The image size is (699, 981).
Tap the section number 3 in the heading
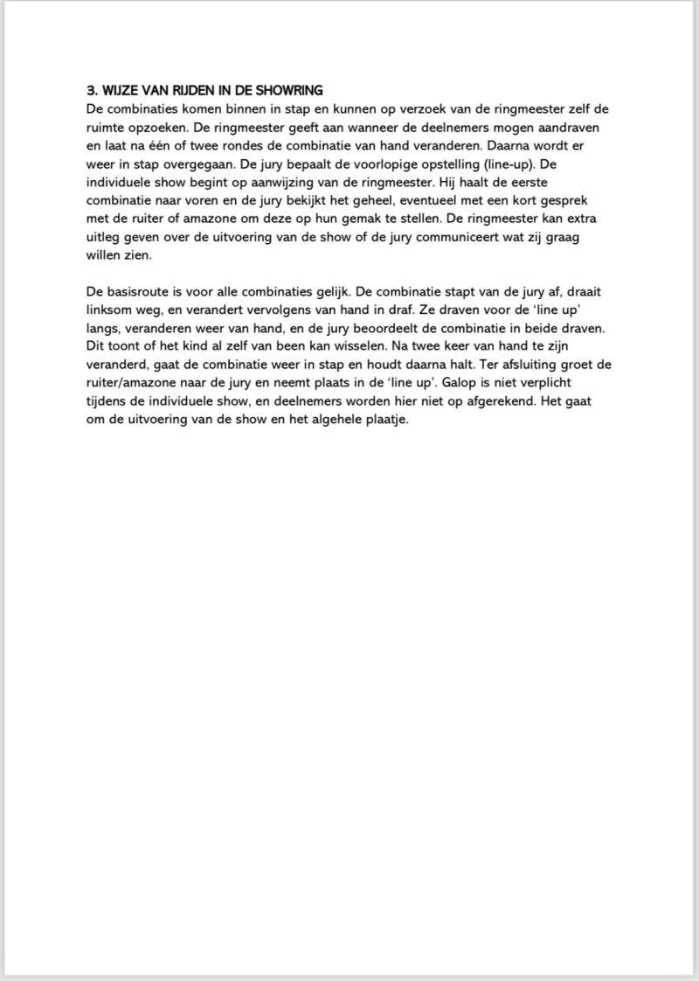pyautogui.click(x=91, y=91)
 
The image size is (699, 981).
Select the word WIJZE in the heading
pyautogui.click(x=121, y=91)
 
